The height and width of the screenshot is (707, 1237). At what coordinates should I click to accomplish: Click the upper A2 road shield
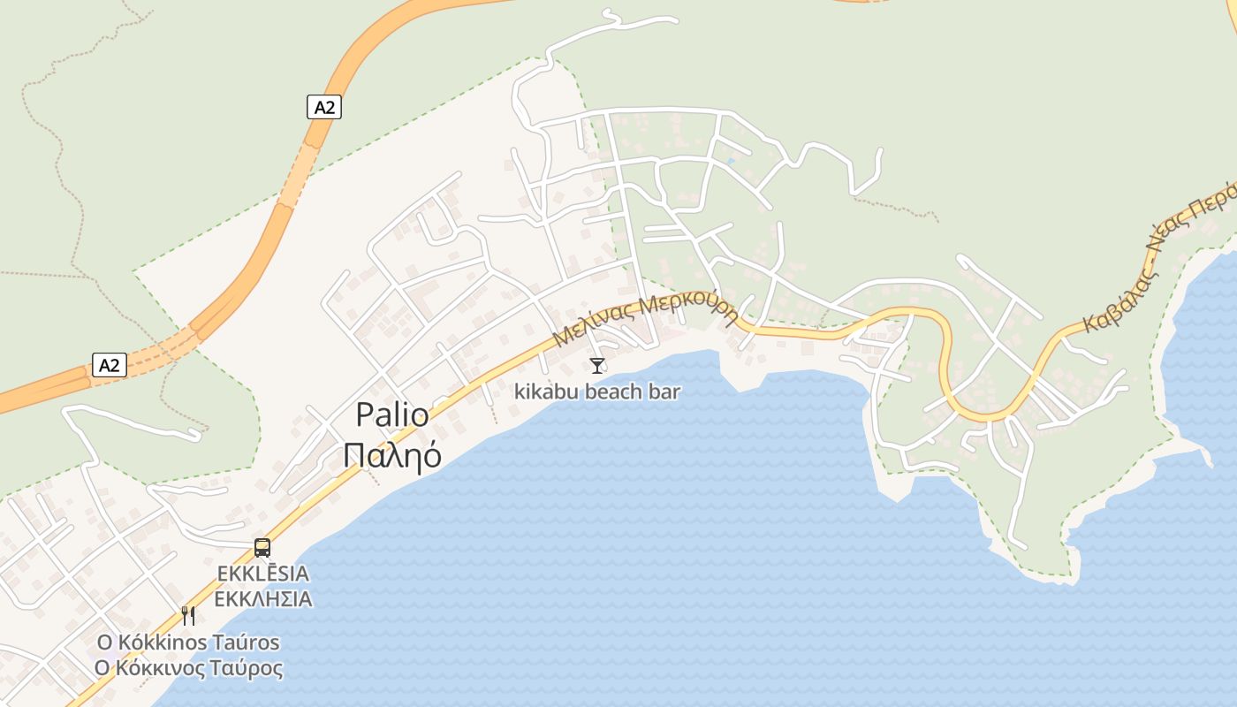pos(324,108)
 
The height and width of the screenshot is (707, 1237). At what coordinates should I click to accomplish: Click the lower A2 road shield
pos(110,365)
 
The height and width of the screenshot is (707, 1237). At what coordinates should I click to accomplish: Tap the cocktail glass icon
pos(597,365)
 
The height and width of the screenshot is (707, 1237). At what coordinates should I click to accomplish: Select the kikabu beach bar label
pos(597,391)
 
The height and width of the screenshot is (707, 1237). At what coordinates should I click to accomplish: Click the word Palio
pos(392,415)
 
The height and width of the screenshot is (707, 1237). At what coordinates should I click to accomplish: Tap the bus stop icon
pos(262,547)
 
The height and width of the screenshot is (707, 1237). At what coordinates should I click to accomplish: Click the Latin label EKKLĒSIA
pos(263,574)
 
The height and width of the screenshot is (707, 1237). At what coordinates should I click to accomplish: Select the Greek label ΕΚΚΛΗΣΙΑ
pos(263,599)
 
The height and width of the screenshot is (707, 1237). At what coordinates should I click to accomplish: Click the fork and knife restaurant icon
pos(188,615)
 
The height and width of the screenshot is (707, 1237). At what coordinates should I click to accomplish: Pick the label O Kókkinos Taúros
pos(188,642)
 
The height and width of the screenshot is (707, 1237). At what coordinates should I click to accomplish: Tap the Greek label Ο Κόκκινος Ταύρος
pos(188,668)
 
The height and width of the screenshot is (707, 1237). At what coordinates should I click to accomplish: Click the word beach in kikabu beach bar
pos(617,391)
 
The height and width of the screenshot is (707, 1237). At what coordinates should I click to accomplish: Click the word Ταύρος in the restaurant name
pos(248,668)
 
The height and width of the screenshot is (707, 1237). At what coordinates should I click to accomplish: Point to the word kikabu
pos(545,391)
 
